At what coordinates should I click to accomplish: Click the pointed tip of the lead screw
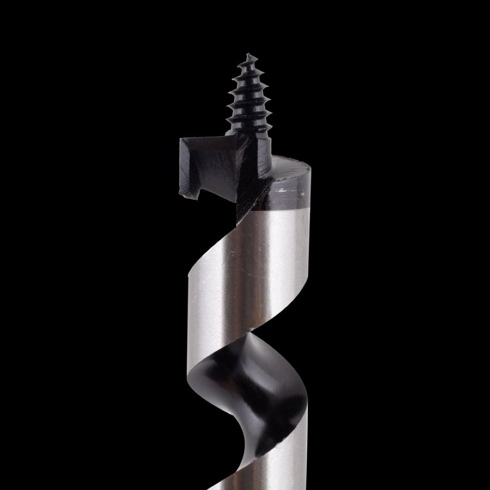(248, 54)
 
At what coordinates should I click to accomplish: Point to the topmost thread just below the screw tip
(247, 65)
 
